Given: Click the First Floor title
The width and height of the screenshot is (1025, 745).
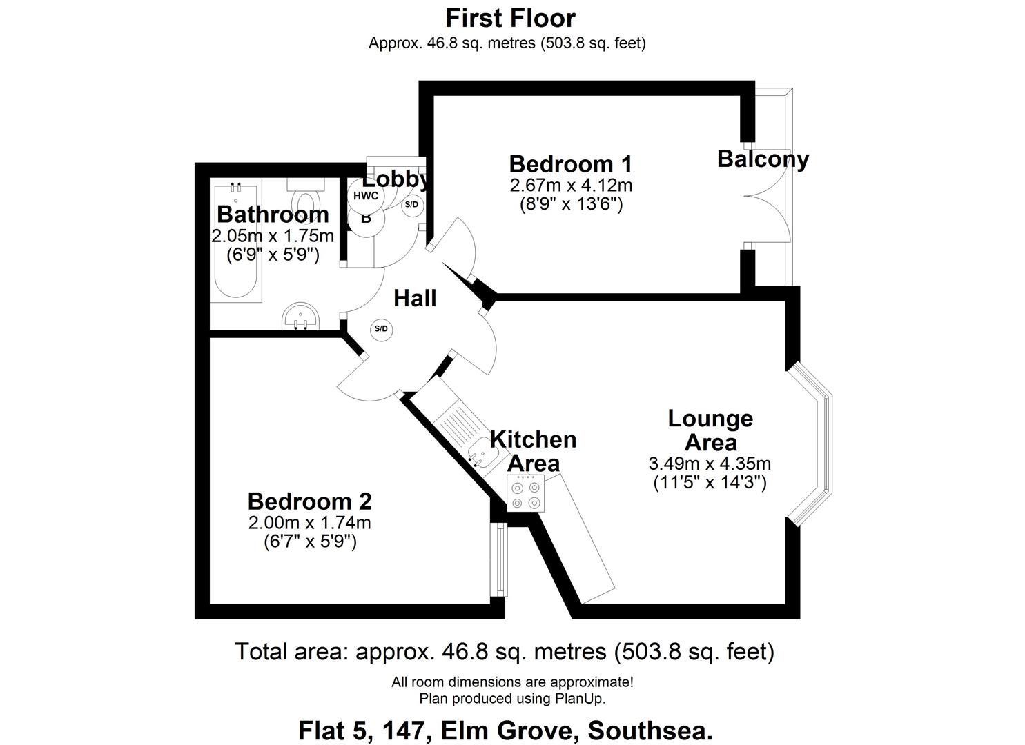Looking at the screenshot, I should pyautogui.click(x=510, y=17).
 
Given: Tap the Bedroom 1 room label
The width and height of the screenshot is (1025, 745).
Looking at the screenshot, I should pyautogui.click(x=570, y=164).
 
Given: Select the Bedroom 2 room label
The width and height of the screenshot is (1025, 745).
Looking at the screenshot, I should pyautogui.click(x=309, y=501).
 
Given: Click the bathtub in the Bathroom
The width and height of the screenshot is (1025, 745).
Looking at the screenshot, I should pyautogui.click(x=236, y=241).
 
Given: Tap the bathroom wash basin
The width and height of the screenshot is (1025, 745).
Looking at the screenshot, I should pyautogui.click(x=301, y=317).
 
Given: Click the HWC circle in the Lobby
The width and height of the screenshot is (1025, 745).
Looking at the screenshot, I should pyautogui.click(x=365, y=196).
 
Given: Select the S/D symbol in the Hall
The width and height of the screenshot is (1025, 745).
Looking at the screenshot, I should pyautogui.click(x=381, y=329).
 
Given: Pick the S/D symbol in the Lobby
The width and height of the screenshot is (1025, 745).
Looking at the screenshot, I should pyautogui.click(x=411, y=205).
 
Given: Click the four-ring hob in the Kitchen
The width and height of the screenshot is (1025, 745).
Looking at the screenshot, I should pyautogui.click(x=526, y=494).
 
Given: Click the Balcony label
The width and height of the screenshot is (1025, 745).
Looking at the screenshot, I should pyautogui.click(x=763, y=159).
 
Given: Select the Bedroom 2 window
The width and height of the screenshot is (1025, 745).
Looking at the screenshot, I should pyautogui.click(x=499, y=559).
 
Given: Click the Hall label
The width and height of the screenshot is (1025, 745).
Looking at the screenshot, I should pyautogui.click(x=415, y=298).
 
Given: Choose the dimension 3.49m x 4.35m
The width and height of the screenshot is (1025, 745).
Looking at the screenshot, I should pyautogui.click(x=710, y=464).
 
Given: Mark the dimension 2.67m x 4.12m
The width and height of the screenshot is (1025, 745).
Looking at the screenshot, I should pyautogui.click(x=571, y=186).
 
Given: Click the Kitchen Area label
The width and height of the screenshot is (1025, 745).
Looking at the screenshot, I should pyautogui.click(x=533, y=451).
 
